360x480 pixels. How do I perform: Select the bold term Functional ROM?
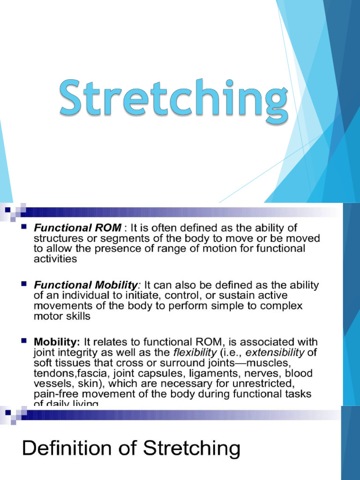coord(77,228)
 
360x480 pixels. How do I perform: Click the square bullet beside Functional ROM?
coord(24,228)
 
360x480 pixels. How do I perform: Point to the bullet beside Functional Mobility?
coord(24,285)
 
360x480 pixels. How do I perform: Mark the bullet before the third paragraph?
coord(24,341)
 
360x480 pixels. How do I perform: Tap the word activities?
coord(55,259)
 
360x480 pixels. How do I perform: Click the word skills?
coord(75,316)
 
